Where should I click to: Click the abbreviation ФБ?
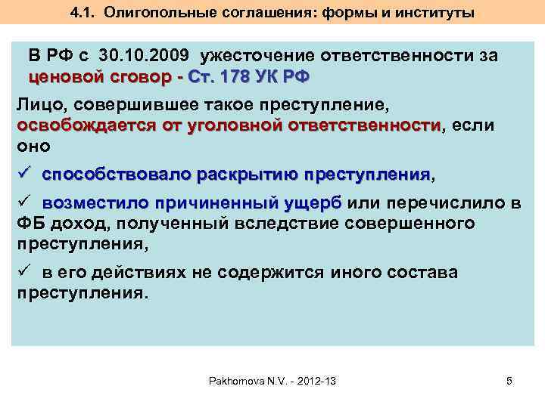pyautogui.click(x=30, y=224)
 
